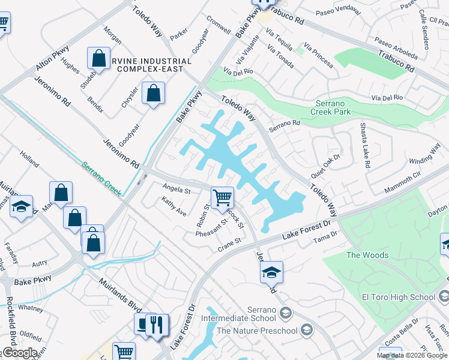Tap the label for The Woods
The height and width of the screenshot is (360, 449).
(x=368, y=255)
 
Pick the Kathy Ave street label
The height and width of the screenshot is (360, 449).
(x=174, y=208)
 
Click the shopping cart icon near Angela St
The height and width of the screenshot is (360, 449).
(x=222, y=197)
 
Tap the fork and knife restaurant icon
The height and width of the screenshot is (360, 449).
(x=156, y=325)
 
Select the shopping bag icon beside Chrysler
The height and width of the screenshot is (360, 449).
(x=154, y=94)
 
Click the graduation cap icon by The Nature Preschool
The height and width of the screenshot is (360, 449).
(x=307, y=329)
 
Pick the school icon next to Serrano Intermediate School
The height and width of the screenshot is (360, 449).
(x=285, y=313)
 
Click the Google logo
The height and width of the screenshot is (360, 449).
(x=19, y=353)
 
